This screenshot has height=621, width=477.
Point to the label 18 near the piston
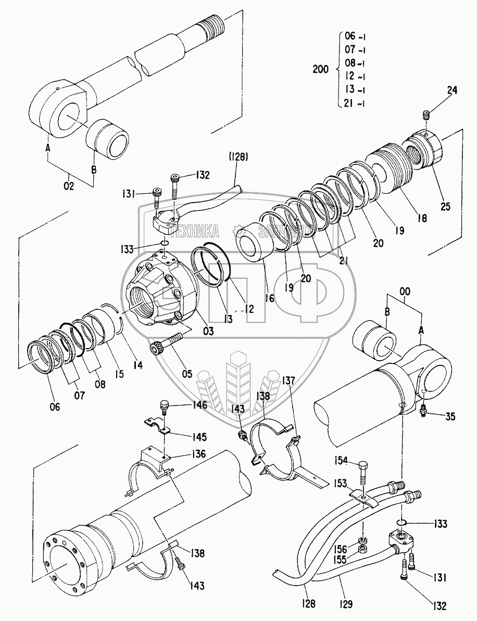421,219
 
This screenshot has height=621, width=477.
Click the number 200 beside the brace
320,69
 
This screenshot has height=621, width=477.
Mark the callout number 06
55,407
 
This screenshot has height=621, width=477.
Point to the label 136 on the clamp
198,454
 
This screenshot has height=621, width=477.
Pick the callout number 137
288,381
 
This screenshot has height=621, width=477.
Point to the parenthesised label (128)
237,156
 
